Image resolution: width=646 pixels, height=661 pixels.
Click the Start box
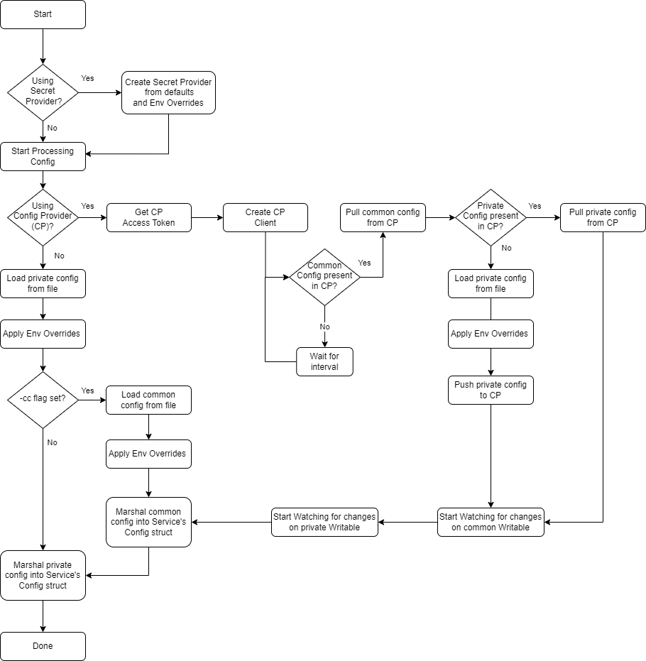[43, 14]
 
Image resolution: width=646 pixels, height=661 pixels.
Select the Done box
[43, 646]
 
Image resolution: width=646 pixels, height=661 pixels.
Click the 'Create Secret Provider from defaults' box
[168, 92]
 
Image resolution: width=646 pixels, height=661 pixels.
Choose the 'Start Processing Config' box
[43, 156]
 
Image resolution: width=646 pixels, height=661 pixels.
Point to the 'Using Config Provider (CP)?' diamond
[43, 217]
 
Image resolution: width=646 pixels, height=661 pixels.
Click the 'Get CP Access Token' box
[149, 217]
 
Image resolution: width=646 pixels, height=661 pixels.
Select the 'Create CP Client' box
[265, 217]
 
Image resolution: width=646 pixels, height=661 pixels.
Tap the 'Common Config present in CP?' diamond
[324, 277]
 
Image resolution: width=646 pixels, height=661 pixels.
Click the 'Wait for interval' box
[324, 361]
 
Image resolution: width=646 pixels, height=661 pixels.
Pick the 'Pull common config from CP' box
[383, 217]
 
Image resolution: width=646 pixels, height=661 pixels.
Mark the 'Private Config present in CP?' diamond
[491, 217]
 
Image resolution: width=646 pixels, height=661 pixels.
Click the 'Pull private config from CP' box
[603, 217]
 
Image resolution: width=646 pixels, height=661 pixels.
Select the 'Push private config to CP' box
[491, 390]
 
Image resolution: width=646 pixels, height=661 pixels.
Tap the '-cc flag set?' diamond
[43, 400]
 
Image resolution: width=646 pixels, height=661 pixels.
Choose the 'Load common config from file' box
[148, 400]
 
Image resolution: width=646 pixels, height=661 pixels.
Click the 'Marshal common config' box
[148, 522]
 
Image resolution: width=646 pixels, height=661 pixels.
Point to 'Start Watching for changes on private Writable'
[324, 522]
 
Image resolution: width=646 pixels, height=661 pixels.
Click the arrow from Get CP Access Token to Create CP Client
[207, 217]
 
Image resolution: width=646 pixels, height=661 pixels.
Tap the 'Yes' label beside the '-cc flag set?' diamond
[87, 390]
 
